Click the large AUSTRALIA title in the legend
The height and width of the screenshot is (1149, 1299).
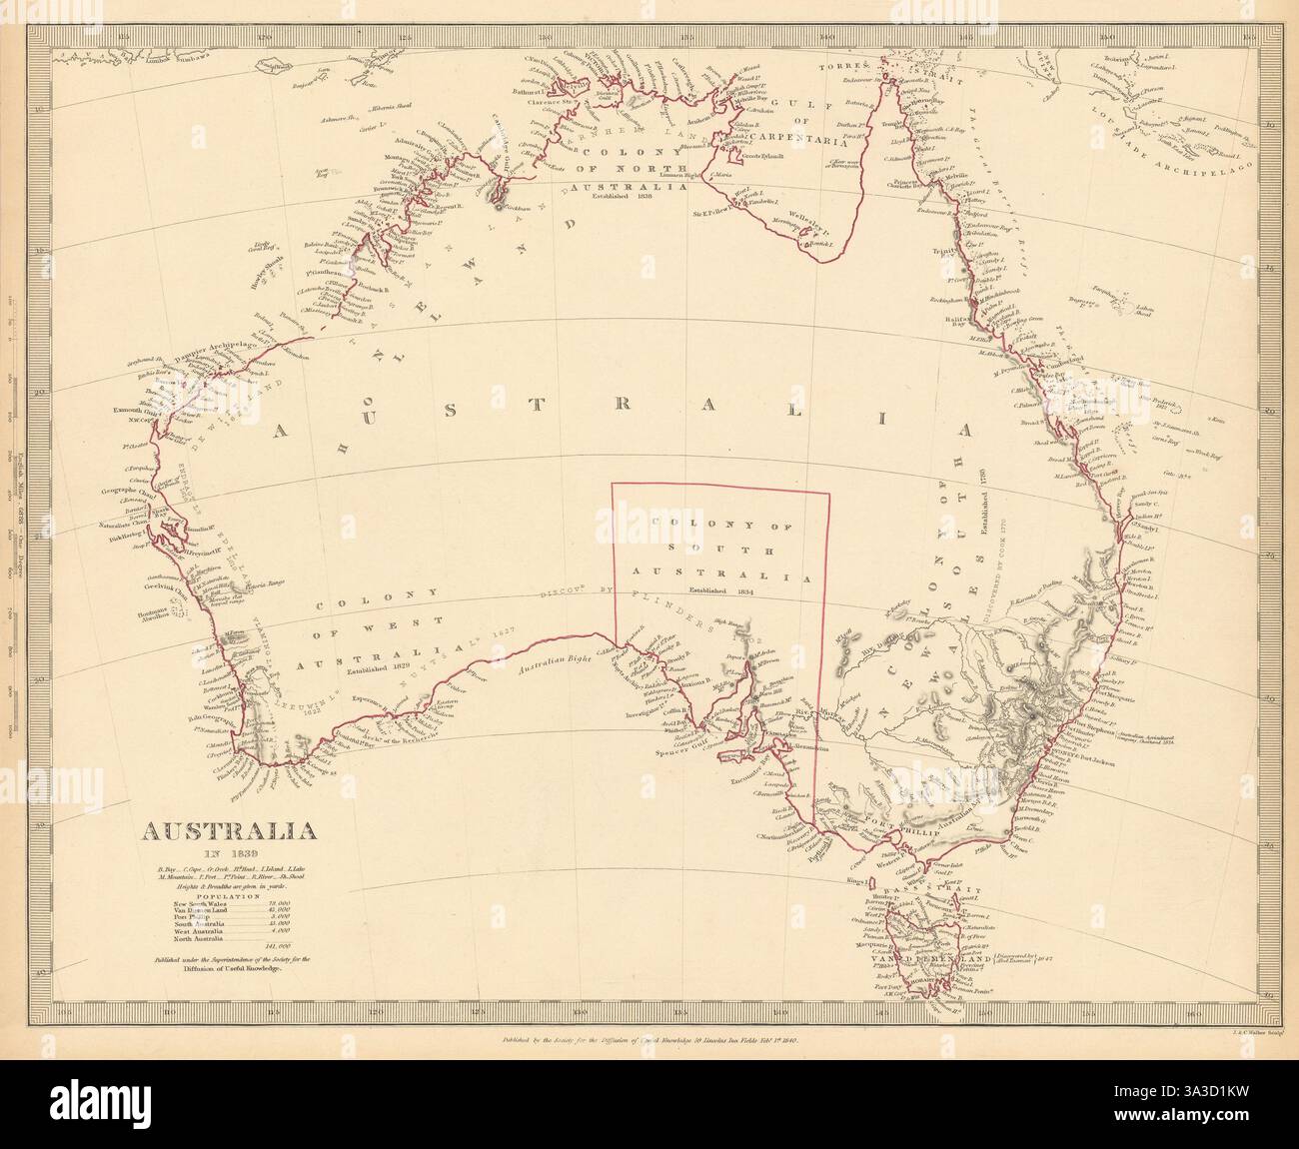(214, 830)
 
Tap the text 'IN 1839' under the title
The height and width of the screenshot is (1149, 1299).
(214, 852)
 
